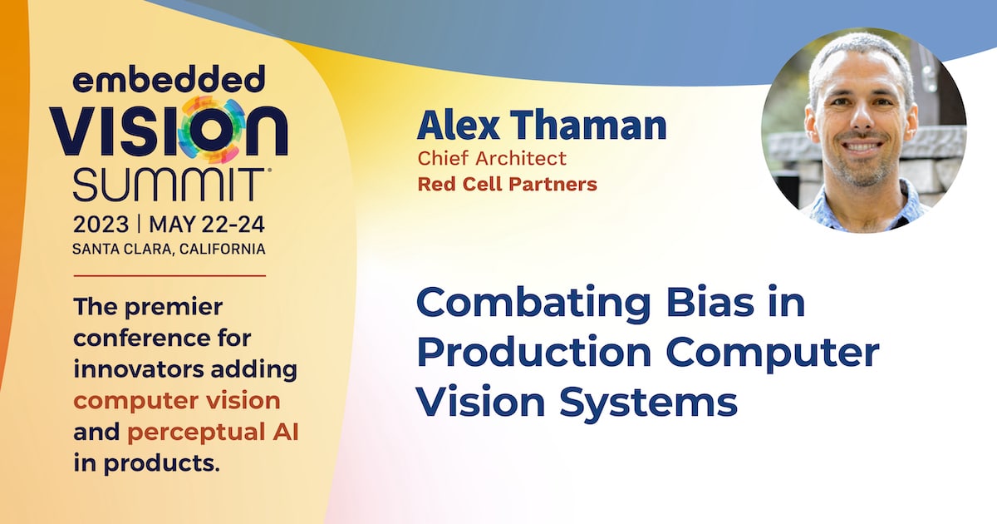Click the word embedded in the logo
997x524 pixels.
169,82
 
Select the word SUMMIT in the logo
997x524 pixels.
169,183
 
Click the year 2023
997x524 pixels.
101,225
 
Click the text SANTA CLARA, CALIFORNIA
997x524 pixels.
169,249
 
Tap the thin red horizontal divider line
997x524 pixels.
169,275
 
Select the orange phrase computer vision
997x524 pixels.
177,401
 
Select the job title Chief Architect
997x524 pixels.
492,158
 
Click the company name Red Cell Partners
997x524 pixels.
507,185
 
